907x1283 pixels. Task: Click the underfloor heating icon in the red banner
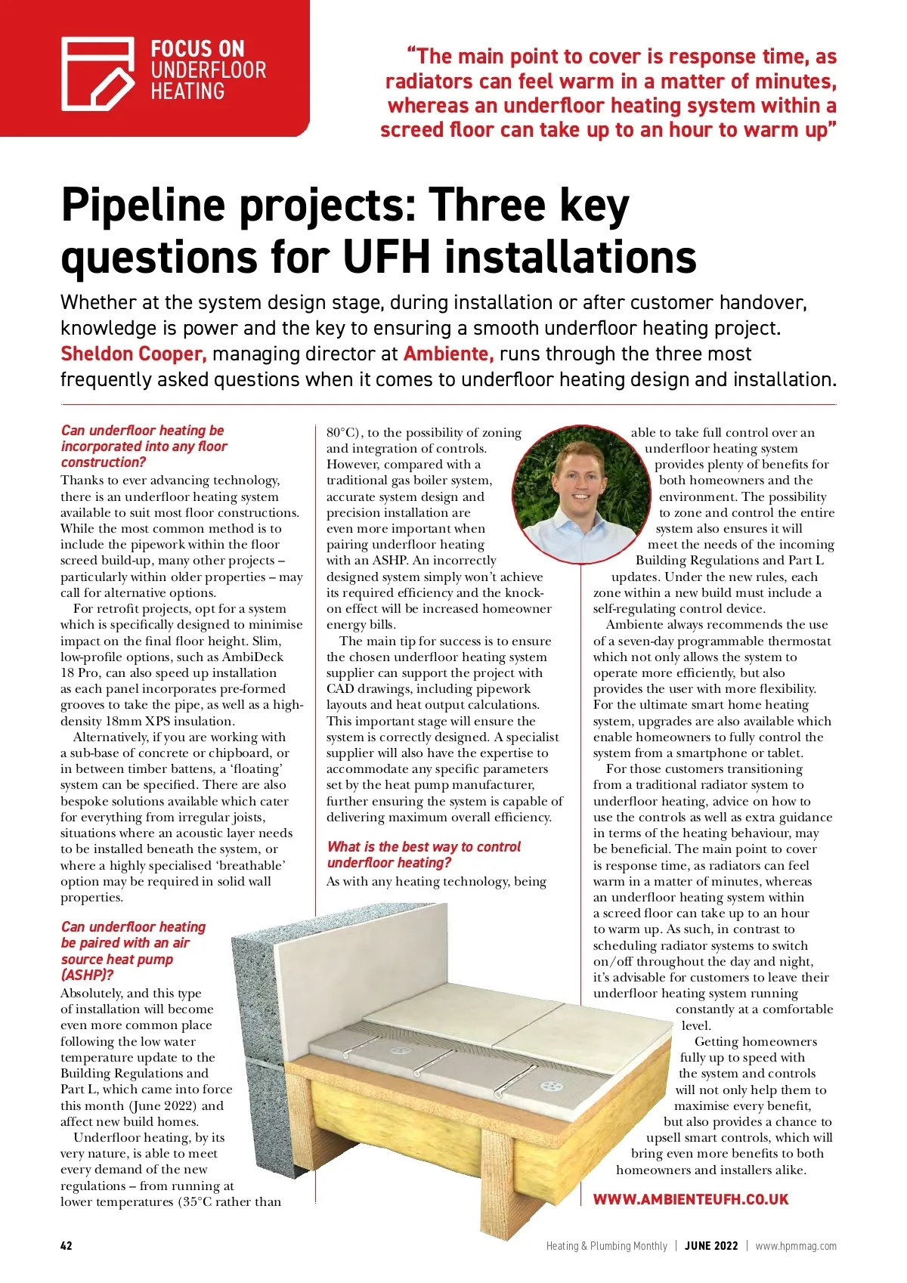coord(98,73)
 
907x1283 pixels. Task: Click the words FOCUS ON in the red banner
coord(197,49)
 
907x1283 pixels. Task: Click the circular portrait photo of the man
coord(581,492)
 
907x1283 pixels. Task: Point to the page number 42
coord(67,1245)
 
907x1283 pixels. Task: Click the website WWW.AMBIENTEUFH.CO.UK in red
coord(690,1199)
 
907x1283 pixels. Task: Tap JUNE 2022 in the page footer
coord(711,1245)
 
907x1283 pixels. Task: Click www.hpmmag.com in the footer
coord(796,1245)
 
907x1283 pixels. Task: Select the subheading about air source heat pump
coord(133,951)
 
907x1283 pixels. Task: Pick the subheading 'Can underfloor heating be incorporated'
coord(144,446)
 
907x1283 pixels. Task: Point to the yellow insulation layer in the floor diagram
coord(423,1111)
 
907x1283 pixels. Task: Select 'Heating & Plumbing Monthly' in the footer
coord(606,1245)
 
